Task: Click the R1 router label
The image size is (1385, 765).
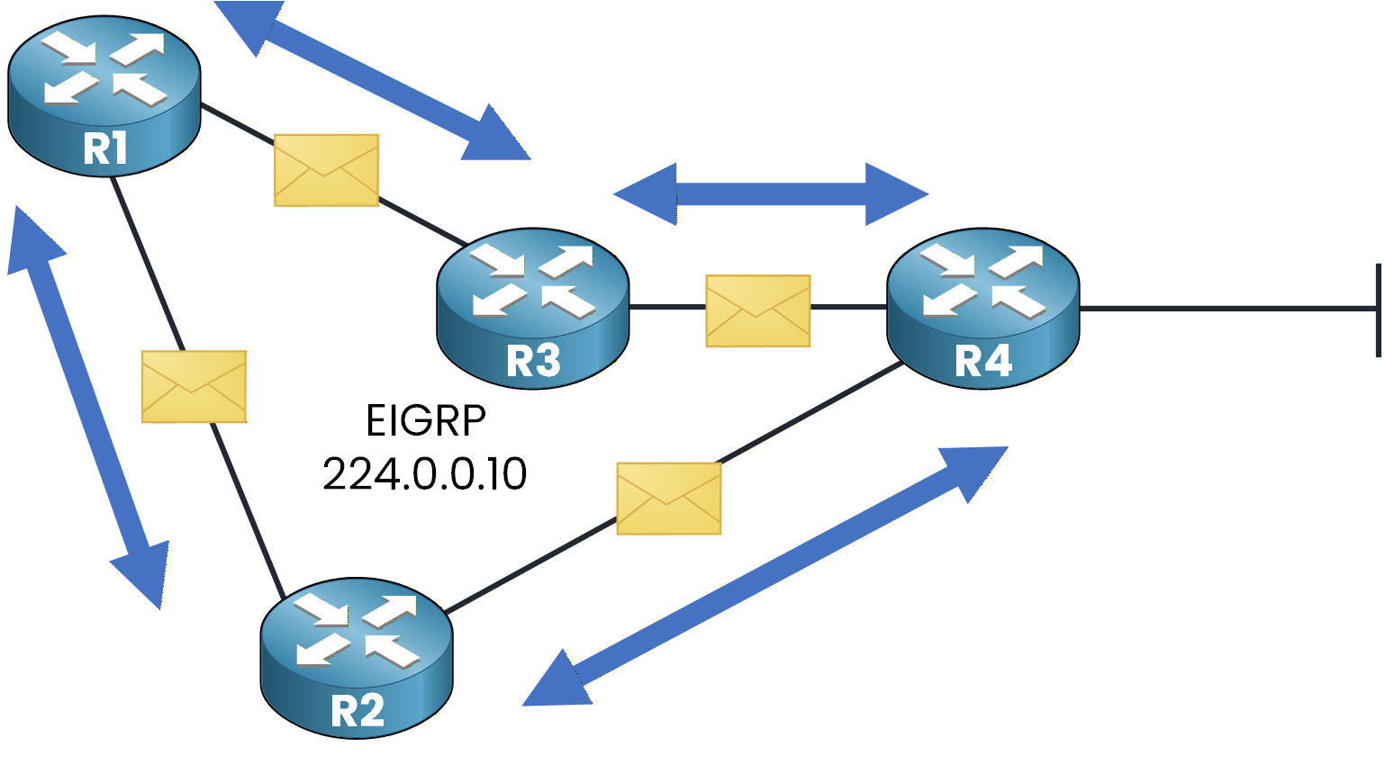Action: coord(104,149)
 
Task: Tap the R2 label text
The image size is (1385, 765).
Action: coord(358,711)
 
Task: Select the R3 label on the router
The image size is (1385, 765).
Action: coord(533,362)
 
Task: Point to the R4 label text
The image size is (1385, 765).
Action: coord(983,362)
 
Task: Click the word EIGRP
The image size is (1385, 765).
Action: coord(426,420)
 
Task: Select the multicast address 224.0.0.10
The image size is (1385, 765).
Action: coord(425,474)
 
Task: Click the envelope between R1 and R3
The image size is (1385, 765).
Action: coord(326,170)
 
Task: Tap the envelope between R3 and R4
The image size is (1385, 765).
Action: coord(758,310)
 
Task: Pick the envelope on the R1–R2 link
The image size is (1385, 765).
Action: coord(194,386)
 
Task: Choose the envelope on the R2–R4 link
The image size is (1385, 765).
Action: coord(668,498)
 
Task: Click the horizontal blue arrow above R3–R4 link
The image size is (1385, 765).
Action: coord(771,193)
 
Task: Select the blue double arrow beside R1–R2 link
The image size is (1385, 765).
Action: coord(88,408)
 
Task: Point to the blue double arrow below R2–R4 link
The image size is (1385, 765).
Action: coord(765,576)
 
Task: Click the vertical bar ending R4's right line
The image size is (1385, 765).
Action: coord(1379,310)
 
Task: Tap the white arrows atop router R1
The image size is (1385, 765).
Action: coord(104,69)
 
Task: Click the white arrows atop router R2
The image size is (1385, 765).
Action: coord(358,630)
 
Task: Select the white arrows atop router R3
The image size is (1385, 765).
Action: coord(533,280)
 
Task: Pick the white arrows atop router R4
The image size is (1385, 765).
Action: coord(983,280)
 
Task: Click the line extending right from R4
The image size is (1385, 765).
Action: coord(1225,309)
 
